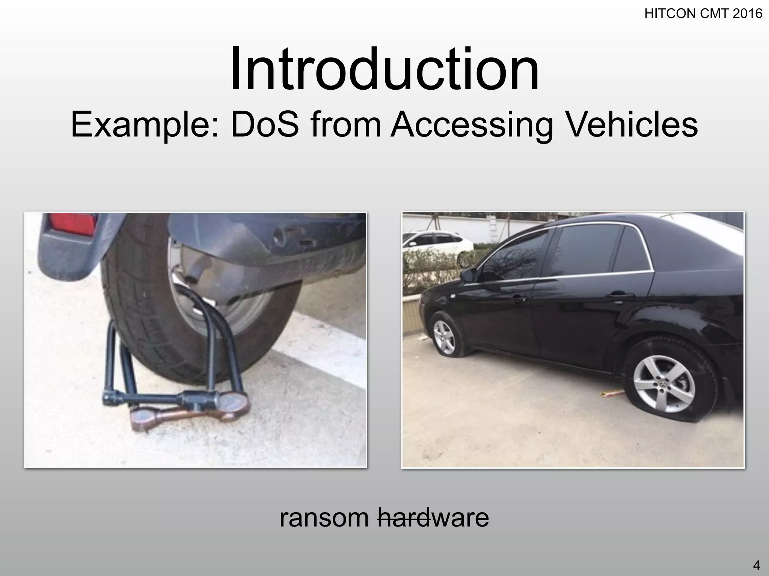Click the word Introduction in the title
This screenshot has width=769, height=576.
[384, 69]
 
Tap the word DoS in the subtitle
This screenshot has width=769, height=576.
[265, 124]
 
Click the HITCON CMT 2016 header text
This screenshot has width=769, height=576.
[703, 14]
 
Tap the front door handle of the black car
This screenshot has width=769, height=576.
[520, 298]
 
